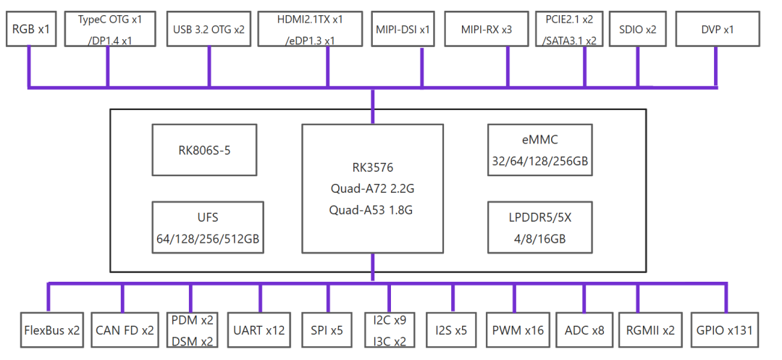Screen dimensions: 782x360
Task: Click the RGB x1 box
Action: click(31, 30)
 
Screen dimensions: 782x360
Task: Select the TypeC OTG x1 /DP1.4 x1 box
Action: click(110, 30)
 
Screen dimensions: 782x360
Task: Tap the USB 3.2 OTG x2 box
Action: click(209, 30)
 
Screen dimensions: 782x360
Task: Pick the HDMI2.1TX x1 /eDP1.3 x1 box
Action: click(310, 30)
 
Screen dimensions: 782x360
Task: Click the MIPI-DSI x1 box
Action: click(403, 30)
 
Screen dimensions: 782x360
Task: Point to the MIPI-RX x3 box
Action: click(487, 30)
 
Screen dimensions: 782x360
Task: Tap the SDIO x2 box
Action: click(637, 30)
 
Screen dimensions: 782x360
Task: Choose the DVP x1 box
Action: click(717, 30)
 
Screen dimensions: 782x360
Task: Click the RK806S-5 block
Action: click(204, 150)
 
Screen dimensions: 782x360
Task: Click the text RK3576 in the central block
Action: click(373, 168)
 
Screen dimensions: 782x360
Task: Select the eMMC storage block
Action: click(540, 150)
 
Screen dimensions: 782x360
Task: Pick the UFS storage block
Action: click(208, 227)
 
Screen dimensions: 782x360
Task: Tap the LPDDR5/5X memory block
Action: click(540, 227)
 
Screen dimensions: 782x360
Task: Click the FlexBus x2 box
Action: click(52, 330)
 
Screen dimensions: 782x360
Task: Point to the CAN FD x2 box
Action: click(125, 330)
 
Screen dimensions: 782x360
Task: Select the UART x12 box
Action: click(259, 330)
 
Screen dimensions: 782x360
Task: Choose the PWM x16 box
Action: click(517, 330)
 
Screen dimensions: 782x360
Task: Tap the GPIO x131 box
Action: click(725, 330)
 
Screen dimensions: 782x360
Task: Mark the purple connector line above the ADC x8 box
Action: click(584, 298)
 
